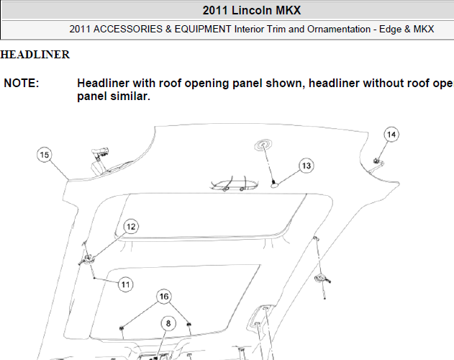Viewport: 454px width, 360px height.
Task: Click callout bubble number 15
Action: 45,155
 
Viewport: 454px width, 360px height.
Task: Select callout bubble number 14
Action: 391,135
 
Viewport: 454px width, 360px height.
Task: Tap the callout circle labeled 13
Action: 306,166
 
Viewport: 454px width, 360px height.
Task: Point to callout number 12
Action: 131,227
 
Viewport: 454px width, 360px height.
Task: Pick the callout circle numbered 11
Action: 125,284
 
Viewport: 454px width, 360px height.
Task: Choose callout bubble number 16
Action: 164,297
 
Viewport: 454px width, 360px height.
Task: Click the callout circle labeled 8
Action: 168,323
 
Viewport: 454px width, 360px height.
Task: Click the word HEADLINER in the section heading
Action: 35,55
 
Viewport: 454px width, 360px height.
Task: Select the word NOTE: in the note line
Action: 21,84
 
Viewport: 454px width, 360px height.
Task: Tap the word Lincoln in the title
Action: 252,10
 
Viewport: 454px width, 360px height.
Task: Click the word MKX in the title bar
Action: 288,10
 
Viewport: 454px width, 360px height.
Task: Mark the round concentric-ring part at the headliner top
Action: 263,145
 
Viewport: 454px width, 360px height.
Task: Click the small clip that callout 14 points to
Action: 377,161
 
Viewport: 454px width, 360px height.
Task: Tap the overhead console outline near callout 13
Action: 234,184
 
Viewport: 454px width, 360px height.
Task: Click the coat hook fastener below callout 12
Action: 87,259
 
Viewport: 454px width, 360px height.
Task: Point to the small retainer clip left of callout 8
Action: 122,328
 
